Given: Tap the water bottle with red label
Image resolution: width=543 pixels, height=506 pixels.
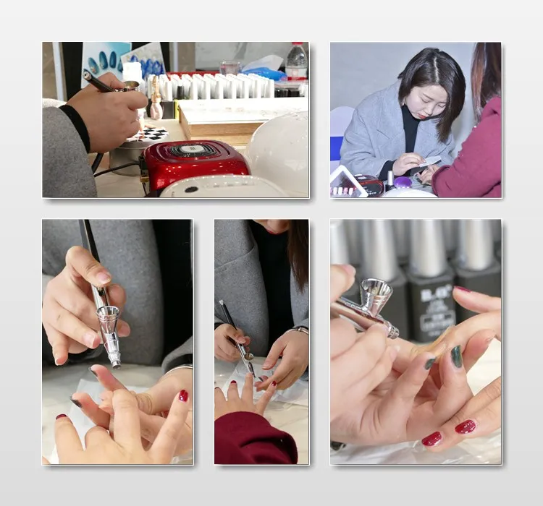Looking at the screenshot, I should coord(296,62).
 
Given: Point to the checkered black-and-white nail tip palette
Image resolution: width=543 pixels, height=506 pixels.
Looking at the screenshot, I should coord(148,134).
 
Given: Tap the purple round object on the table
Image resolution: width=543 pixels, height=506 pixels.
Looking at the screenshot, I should coord(403,183).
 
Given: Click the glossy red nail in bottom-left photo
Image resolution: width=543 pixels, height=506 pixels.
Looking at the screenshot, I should coord(184,395).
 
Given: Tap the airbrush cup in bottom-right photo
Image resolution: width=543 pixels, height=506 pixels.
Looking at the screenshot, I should coord(377,293).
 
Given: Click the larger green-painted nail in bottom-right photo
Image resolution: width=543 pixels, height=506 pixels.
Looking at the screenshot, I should coord(457,356).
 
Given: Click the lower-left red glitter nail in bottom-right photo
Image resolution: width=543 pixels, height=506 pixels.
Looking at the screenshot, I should coord(432,439).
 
